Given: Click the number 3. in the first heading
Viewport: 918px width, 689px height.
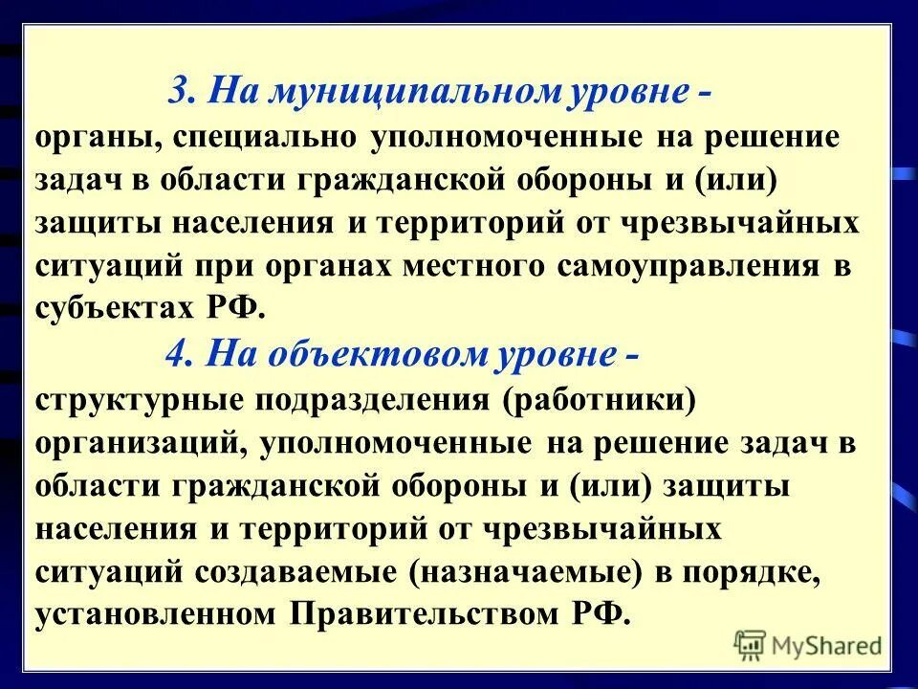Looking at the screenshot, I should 183,92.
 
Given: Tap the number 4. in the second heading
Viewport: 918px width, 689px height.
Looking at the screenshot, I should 180,355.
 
